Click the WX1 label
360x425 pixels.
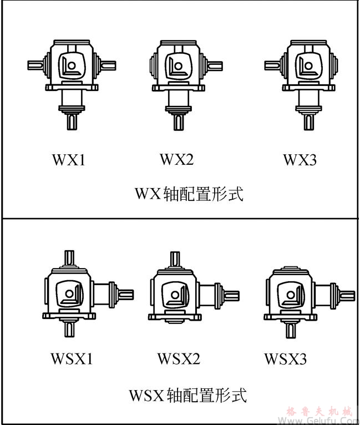tap(69, 160)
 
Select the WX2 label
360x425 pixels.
tap(177, 160)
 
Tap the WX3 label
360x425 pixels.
tap(300, 160)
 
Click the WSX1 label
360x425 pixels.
tap(72, 359)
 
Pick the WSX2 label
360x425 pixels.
tap(179, 359)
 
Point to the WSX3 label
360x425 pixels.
tap(285, 359)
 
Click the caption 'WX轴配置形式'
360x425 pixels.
tap(189, 194)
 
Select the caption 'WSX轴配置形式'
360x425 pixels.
tap(187, 396)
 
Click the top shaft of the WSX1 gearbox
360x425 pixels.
tap(70, 257)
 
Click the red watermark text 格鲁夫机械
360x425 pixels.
tap(320, 412)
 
